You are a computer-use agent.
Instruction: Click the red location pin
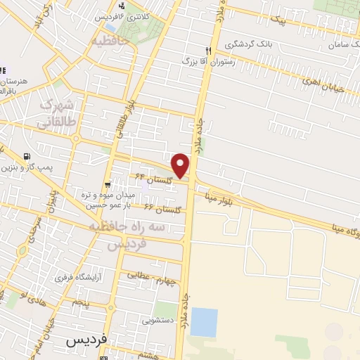181,165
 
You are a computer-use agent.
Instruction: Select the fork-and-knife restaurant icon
207,50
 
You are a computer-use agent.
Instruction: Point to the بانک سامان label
342,44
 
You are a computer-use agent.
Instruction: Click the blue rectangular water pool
204,321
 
